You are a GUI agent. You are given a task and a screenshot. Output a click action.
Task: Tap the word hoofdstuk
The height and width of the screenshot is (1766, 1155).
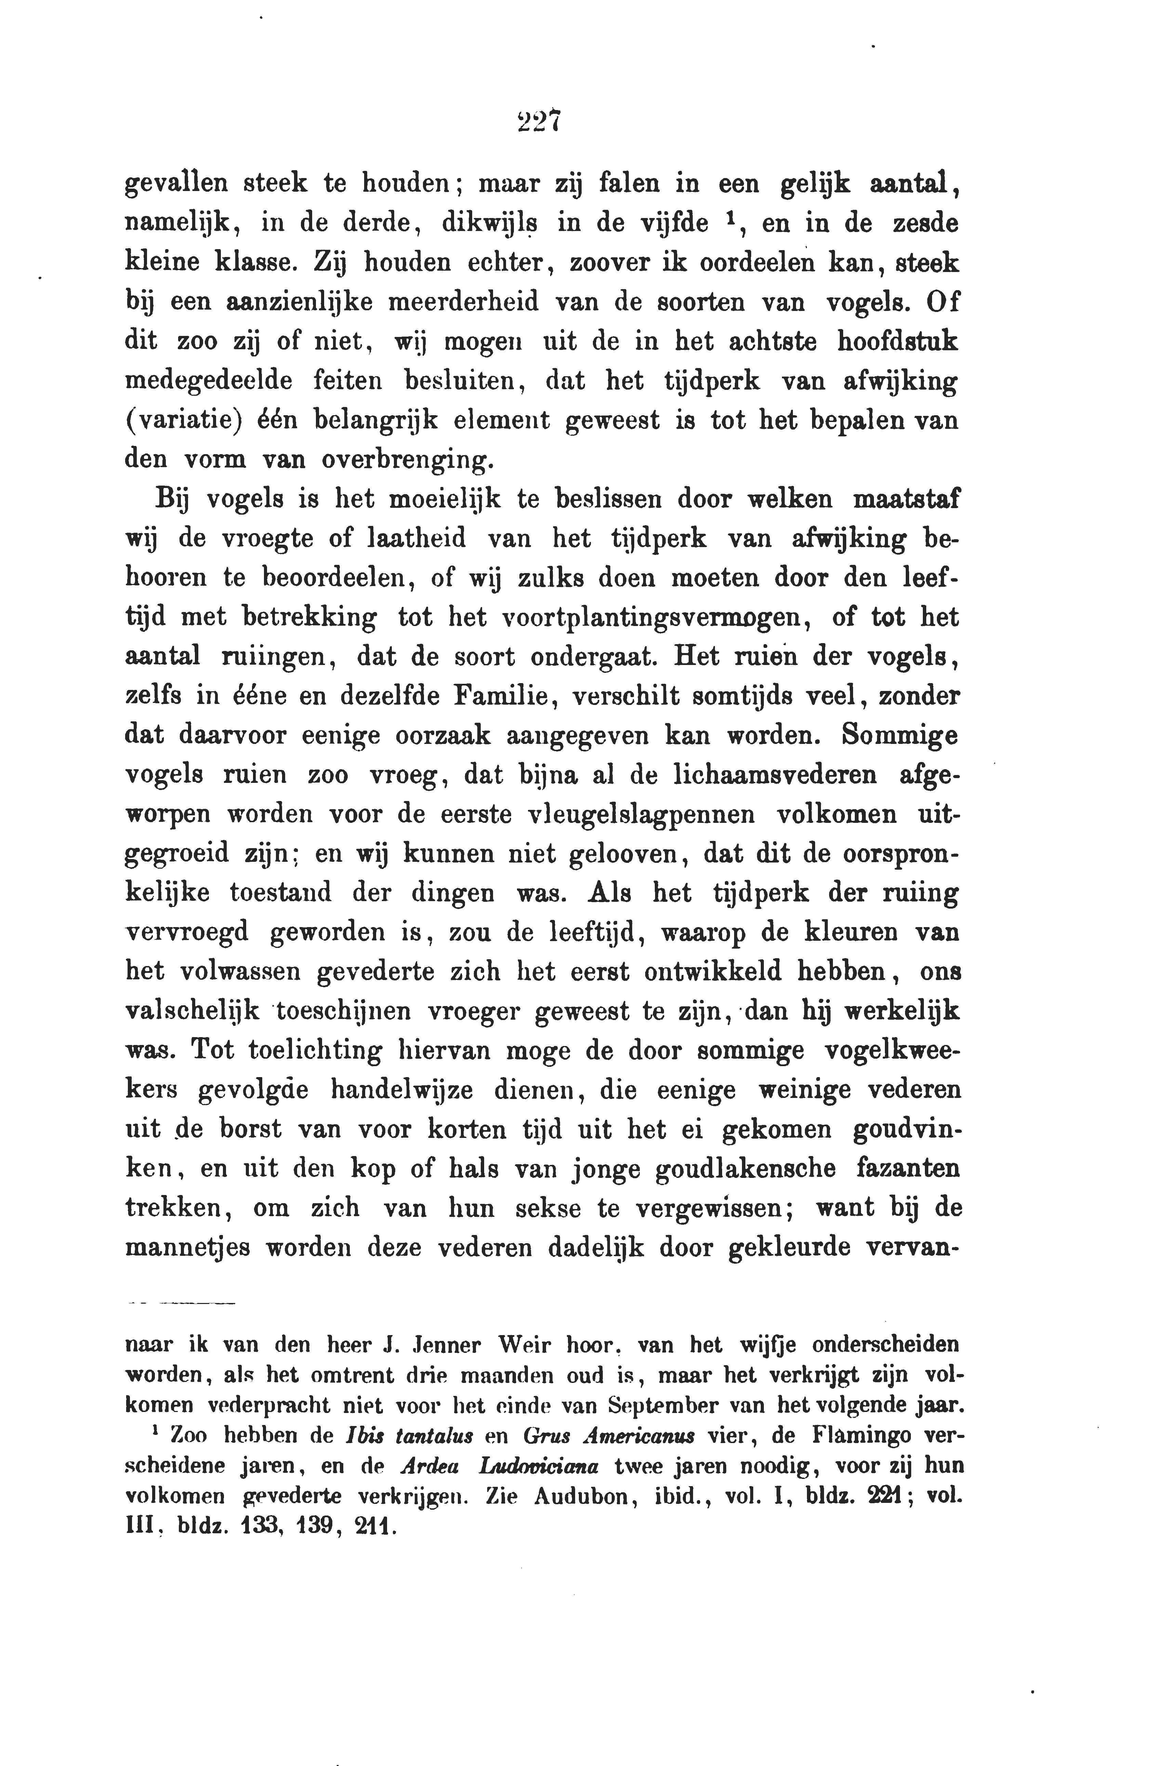[x=897, y=342]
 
